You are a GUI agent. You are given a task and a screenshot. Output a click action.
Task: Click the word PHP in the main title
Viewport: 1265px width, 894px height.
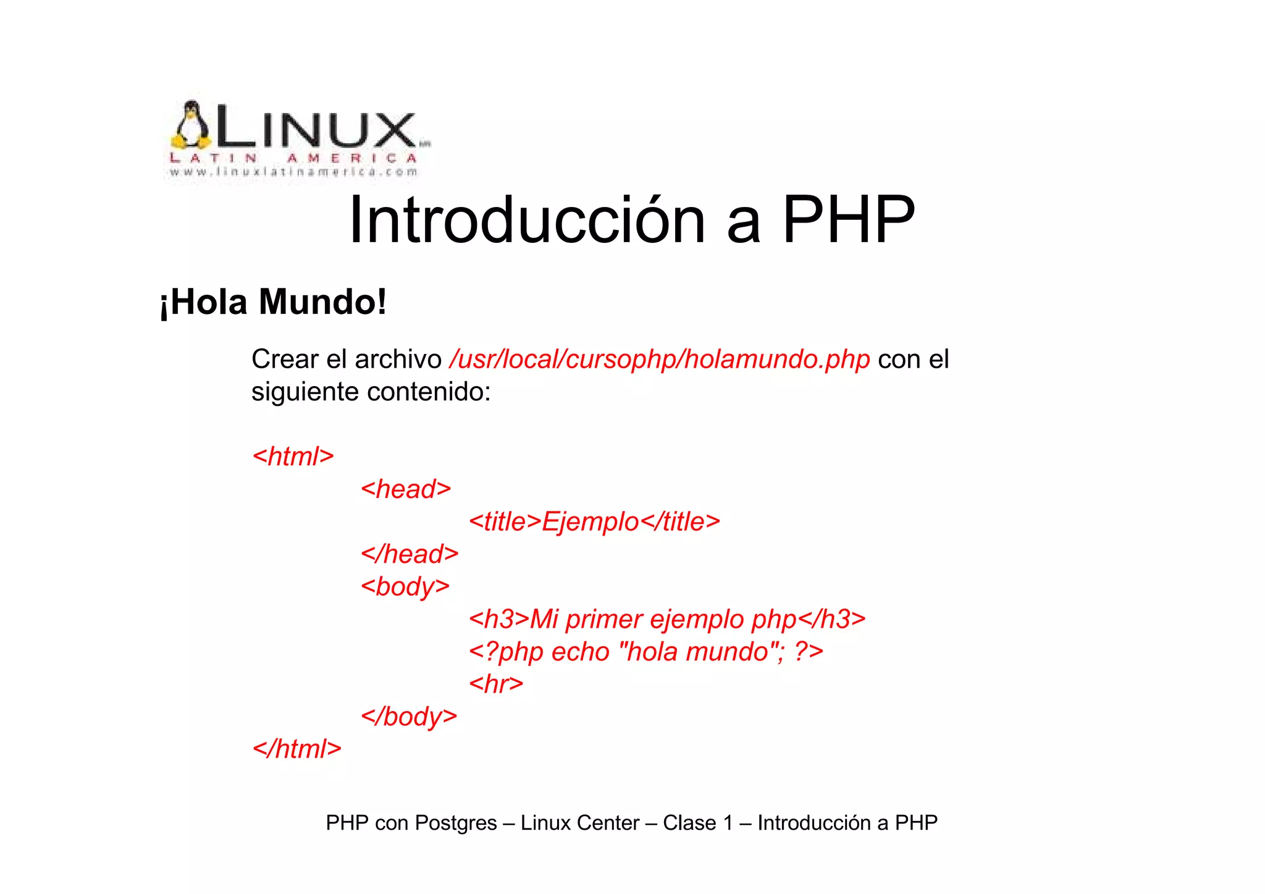pyautogui.click(x=848, y=220)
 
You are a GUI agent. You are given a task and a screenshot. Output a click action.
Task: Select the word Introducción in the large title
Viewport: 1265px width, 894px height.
pyautogui.click(x=527, y=220)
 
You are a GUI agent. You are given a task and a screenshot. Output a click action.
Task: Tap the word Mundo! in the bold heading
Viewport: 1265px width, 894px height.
pyautogui.click(x=322, y=302)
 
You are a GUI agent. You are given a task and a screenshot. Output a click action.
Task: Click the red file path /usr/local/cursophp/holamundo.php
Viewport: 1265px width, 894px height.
pyautogui.click(x=660, y=359)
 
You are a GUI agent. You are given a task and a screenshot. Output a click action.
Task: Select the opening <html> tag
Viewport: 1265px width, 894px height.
pyautogui.click(x=293, y=457)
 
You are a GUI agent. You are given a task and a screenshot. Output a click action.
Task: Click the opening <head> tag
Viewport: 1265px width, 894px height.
pyautogui.click(x=406, y=489)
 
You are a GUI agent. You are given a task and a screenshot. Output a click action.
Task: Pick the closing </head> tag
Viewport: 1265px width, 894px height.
pyautogui.click(x=410, y=554)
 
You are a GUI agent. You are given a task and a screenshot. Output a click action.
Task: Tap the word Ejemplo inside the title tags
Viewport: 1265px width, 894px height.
pyautogui.click(x=590, y=522)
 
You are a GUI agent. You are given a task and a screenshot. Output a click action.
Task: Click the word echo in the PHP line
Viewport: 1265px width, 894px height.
pyautogui.click(x=580, y=652)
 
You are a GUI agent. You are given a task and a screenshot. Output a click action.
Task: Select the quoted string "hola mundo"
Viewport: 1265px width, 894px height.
pyautogui.click(x=698, y=652)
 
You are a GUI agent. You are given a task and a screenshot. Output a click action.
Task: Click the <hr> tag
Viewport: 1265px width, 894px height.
pyautogui.click(x=496, y=684)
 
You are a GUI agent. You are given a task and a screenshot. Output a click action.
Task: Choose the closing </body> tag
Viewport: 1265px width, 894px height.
pyautogui.click(x=409, y=717)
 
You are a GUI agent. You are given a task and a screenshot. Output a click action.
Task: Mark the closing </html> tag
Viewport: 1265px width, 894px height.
pyautogui.click(x=297, y=749)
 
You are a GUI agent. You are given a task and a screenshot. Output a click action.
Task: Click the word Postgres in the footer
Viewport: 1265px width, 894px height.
pyautogui.click(x=455, y=823)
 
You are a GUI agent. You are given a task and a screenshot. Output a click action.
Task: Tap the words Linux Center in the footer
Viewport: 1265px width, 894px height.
pyautogui.click(x=579, y=823)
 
